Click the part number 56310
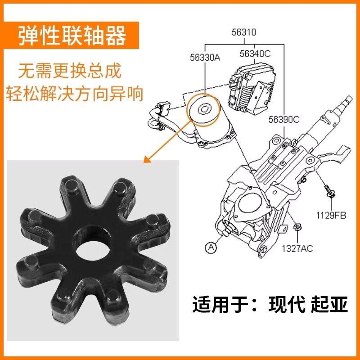tap(244, 32)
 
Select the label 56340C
tap(255, 54)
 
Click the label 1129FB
tap(330, 215)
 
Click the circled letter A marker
tap(211, 247)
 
